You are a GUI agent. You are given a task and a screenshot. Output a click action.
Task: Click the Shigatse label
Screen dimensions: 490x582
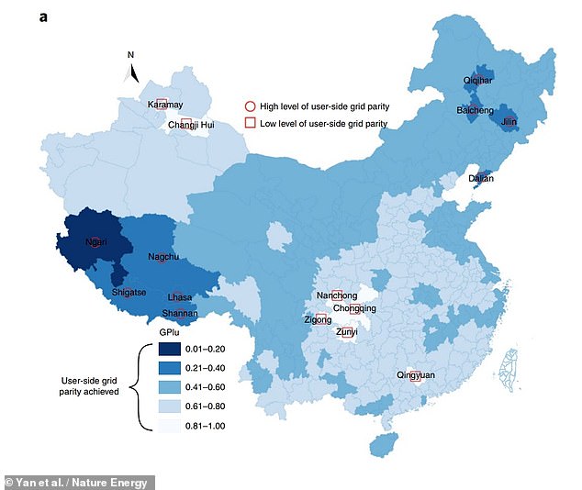point(129,293)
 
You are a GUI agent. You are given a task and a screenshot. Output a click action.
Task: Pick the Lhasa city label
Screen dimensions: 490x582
point(180,298)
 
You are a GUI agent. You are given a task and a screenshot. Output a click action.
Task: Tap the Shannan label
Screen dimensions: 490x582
point(180,314)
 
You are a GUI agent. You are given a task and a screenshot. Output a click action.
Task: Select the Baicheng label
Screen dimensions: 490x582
point(476,110)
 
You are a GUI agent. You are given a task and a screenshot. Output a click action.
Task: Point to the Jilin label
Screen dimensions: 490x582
point(510,121)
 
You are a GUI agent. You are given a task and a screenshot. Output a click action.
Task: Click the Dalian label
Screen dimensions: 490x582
point(480,179)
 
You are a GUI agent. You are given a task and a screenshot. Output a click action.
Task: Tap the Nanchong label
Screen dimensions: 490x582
point(336,295)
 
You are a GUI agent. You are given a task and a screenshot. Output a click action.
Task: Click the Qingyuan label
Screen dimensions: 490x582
point(416,375)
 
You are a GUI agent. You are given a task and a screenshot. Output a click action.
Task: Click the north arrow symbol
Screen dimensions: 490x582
point(133,72)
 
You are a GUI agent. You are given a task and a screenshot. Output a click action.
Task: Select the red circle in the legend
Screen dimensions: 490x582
point(248,106)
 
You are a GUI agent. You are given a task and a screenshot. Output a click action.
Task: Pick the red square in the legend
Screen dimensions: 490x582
point(248,123)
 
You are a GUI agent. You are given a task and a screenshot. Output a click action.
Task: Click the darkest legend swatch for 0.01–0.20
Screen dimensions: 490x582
point(166,350)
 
